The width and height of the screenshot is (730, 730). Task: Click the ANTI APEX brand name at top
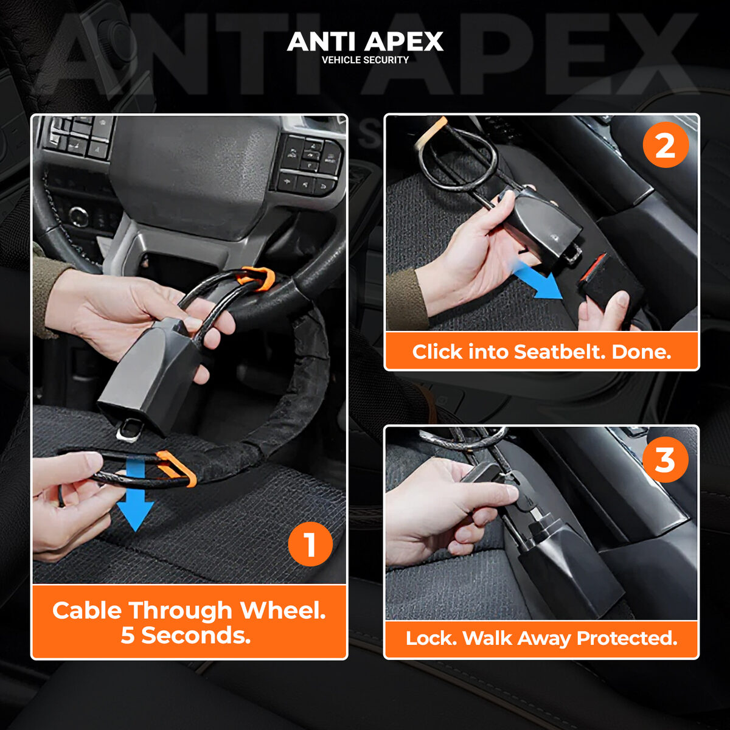365,41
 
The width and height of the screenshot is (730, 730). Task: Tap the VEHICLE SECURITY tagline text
365,60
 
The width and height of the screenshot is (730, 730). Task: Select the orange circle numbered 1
310,544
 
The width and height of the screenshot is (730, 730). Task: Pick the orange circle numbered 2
665,145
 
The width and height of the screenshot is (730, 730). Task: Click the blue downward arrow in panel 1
135,496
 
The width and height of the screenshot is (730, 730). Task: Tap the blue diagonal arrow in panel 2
538,281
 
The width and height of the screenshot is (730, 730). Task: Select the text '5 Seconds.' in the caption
186,636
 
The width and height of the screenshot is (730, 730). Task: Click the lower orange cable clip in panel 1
176,468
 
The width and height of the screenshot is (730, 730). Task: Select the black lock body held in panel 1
149,374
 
